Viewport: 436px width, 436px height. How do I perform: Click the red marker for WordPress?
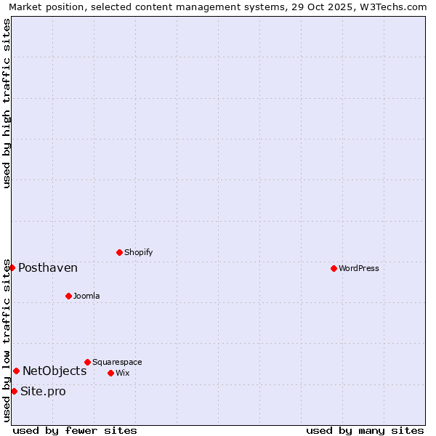click(334, 268)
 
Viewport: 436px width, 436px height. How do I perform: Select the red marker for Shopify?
click(119, 252)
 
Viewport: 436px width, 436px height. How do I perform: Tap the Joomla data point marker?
click(68, 296)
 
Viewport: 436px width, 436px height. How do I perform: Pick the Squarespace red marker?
click(87, 362)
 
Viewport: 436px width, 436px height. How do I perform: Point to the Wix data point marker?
click(110, 373)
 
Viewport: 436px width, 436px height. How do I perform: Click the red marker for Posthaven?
click(12, 267)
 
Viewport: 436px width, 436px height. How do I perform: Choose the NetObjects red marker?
click(16, 371)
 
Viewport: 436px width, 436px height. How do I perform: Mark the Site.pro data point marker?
click(14, 391)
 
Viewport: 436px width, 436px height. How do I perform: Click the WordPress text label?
click(359, 268)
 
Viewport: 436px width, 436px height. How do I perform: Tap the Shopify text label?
click(138, 252)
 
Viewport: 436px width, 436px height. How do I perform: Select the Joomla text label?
click(86, 296)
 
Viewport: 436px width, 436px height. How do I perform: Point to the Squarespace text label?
click(117, 362)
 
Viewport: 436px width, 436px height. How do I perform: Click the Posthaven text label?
click(48, 267)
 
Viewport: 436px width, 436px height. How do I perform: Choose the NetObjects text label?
click(54, 371)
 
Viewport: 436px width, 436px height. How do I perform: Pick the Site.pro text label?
click(43, 391)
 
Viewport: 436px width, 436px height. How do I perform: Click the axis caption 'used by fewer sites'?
click(75, 430)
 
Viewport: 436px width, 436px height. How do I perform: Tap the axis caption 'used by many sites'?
click(365, 430)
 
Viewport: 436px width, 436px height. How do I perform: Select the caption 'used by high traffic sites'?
click(7, 103)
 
